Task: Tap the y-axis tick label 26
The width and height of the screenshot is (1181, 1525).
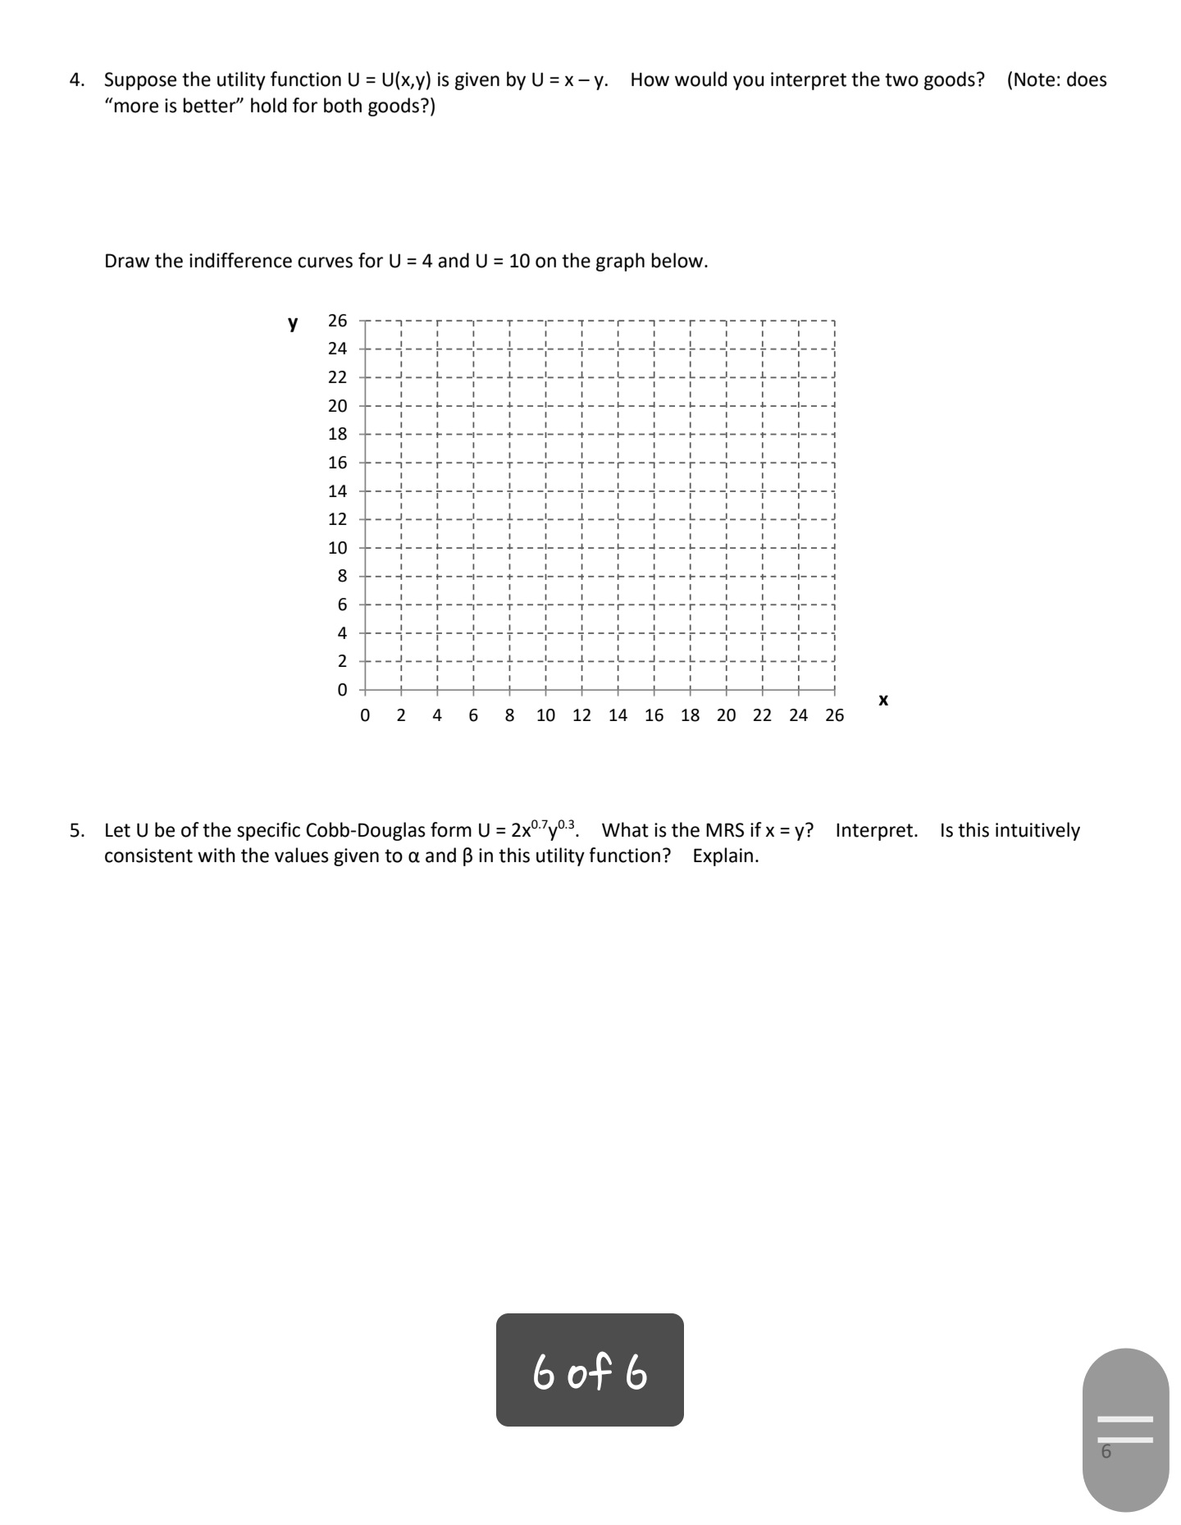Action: (337, 321)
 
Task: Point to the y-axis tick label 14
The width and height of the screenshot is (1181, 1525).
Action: (337, 491)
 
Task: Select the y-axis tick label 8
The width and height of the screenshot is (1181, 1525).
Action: (342, 577)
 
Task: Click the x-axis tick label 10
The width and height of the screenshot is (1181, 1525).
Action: (545, 715)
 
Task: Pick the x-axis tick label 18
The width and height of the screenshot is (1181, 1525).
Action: (690, 715)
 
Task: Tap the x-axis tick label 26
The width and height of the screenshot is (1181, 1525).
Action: (834, 715)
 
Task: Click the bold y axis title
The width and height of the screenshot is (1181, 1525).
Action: (293, 322)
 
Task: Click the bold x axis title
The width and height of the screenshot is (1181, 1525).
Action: (882, 700)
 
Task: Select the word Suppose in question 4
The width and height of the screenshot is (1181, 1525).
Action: (140, 80)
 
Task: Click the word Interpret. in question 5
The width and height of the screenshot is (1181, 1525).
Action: (876, 830)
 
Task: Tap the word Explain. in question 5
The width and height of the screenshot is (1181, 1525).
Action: (725, 856)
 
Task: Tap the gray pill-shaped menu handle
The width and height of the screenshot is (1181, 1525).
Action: (1125, 1429)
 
